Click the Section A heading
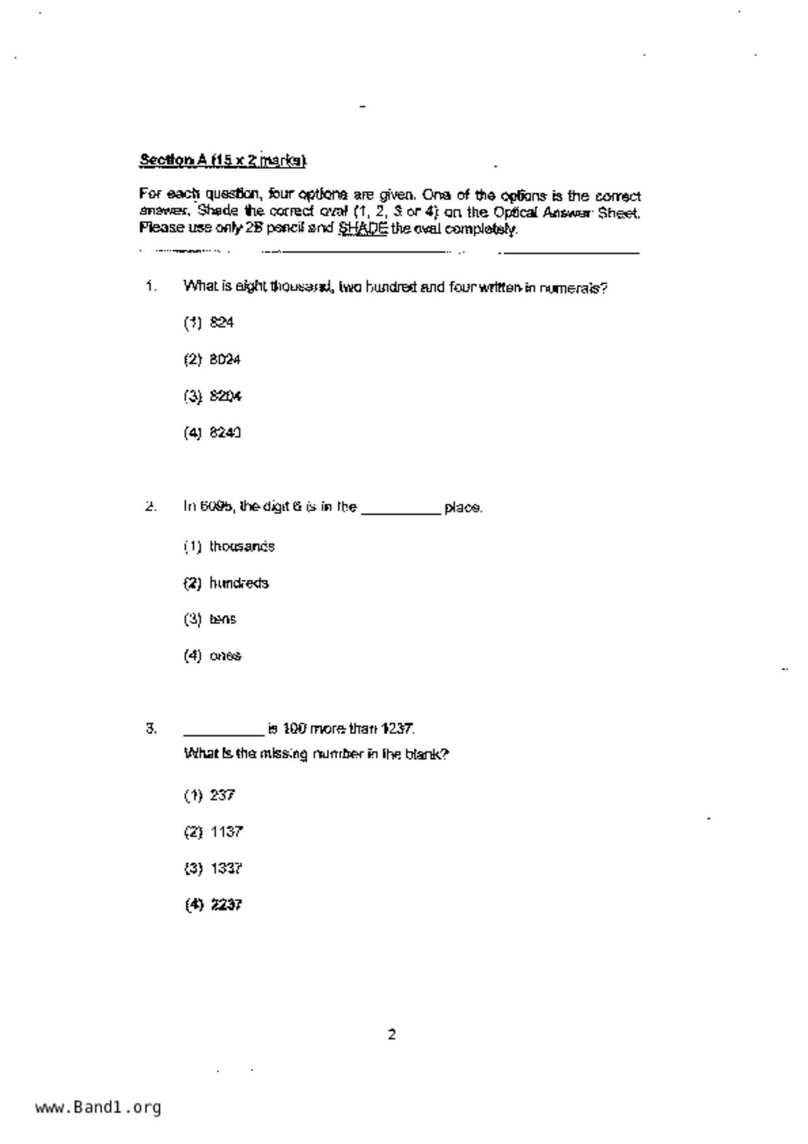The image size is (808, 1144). (x=222, y=160)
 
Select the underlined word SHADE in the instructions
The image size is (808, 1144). (x=363, y=228)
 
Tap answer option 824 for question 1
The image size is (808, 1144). (x=222, y=322)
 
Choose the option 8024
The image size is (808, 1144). (x=225, y=359)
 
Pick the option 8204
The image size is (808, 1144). (x=225, y=396)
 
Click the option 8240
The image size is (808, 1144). (x=225, y=432)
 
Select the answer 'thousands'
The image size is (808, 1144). (x=242, y=546)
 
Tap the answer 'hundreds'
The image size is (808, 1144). (x=239, y=582)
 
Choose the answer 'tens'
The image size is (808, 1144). (x=222, y=619)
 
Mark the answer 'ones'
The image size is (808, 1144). (x=225, y=655)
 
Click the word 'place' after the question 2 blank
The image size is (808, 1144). (x=462, y=507)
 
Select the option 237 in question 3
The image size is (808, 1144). (x=222, y=795)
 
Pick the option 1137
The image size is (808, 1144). (x=226, y=832)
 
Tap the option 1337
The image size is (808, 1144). (x=226, y=868)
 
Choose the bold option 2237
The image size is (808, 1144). (x=226, y=905)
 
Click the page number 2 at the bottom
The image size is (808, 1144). (x=391, y=1034)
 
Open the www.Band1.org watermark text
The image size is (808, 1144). (x=98, y=1107)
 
